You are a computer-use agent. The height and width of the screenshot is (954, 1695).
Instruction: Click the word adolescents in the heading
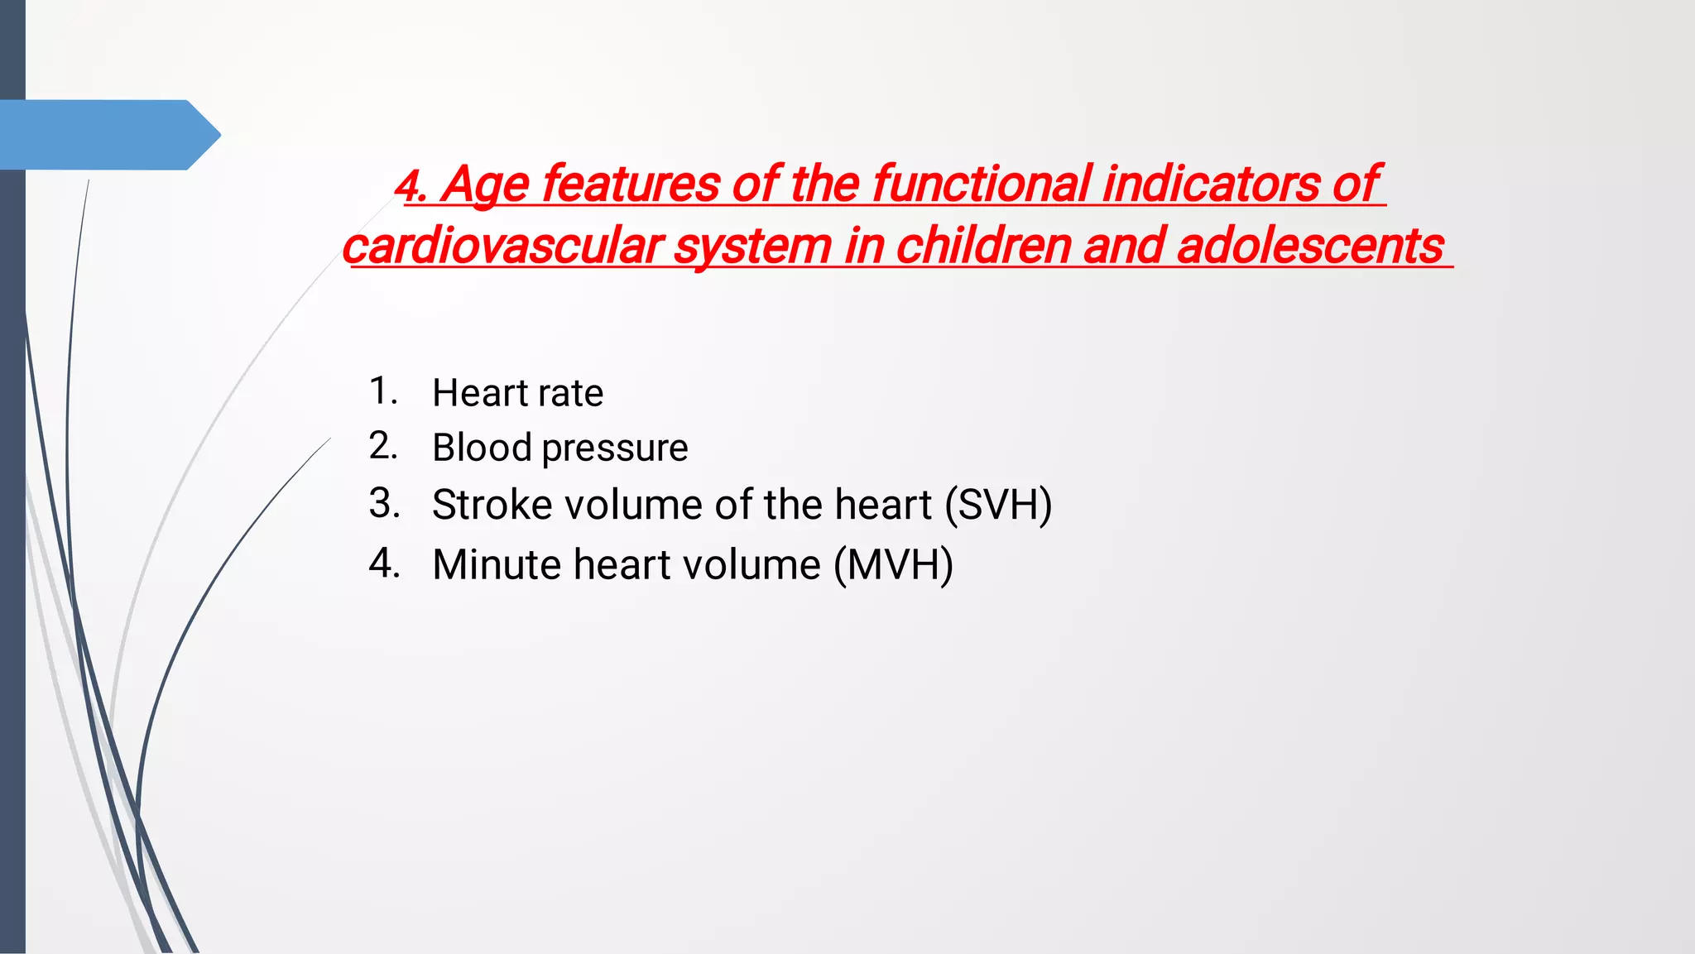(x=1309, y=247)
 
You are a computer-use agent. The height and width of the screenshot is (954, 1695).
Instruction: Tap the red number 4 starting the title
(x=409, y=186)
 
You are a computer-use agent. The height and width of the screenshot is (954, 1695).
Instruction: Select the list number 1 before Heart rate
(x=382, y=391)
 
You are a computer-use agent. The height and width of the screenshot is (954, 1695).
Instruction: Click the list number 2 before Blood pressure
(x=383, y=446)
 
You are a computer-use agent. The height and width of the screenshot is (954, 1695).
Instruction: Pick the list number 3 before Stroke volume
(x=384, y=503)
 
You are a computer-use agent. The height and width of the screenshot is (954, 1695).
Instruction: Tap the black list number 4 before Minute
(x=384, y=563)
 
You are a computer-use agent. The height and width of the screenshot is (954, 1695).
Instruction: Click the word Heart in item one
(x=480, y=393)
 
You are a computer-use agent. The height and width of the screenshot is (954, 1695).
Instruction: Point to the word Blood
(x=482, y=448)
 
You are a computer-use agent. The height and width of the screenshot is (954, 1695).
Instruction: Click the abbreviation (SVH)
(x=998, y=505)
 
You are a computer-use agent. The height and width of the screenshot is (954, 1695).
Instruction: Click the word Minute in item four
(x=497, y=565)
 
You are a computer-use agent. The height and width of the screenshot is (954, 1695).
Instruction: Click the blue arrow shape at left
(x=108, y=135)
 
